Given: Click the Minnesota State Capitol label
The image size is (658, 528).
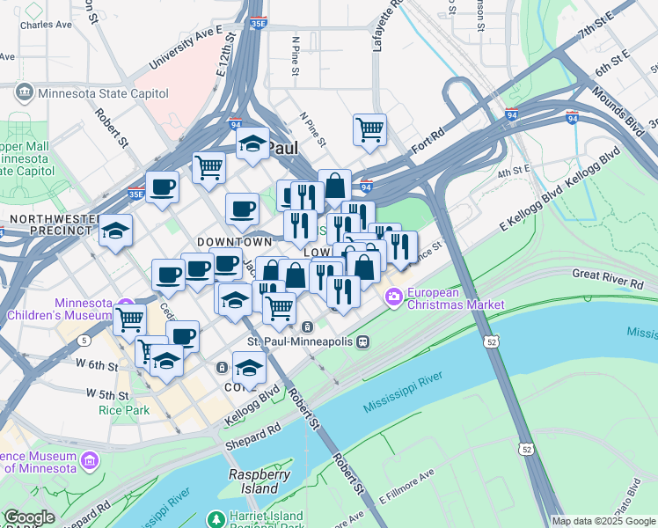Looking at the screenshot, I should [85, 91].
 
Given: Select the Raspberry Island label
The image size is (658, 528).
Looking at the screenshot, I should [260, 480].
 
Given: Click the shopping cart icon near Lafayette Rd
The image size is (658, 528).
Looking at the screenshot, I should [370, 129].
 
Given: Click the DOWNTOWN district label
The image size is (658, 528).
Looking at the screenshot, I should [234, 241].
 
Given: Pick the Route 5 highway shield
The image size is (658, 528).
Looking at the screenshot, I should [84, 340].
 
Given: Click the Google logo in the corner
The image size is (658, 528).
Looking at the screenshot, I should [28, 518].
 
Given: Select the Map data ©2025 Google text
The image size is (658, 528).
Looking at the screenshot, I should [603, 521].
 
